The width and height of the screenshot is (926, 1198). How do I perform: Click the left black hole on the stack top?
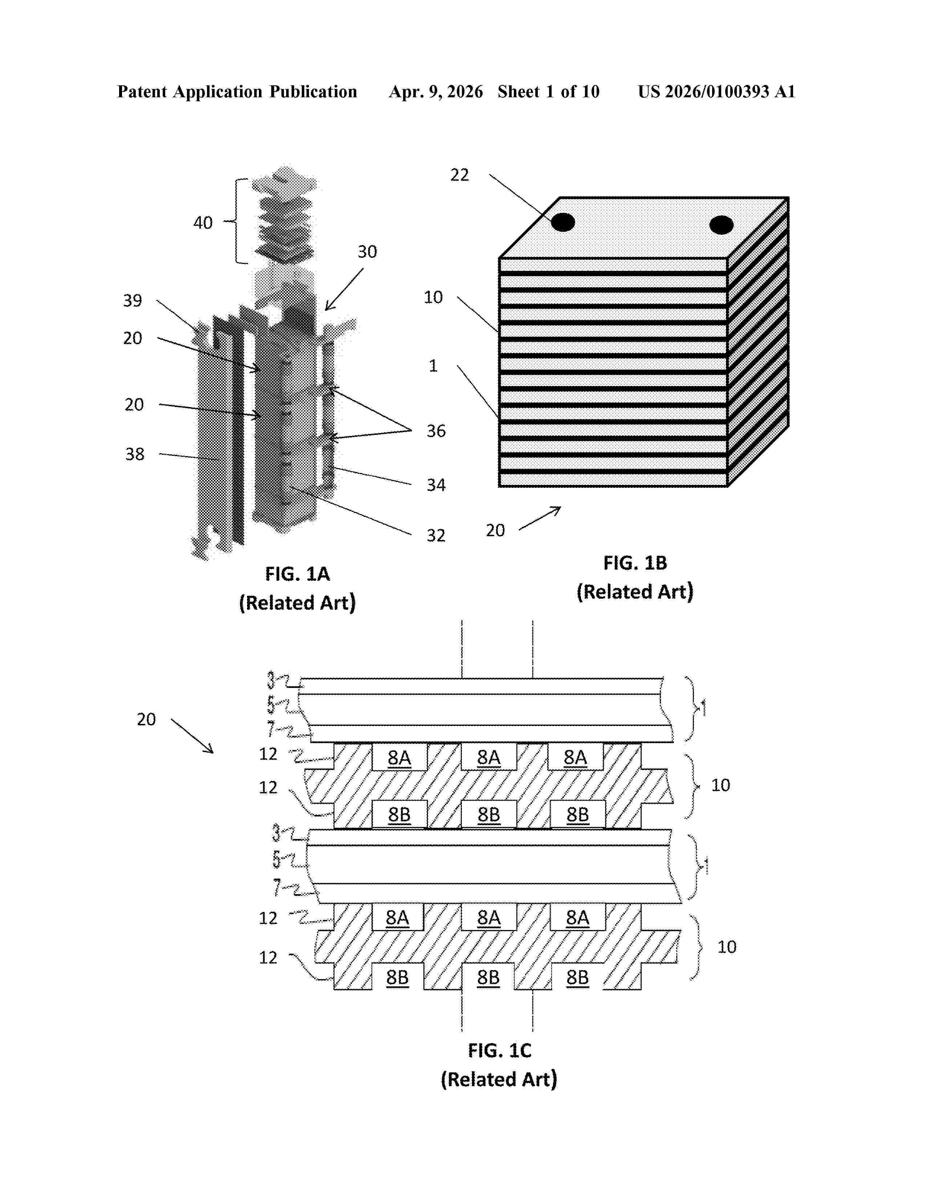click(563, 222)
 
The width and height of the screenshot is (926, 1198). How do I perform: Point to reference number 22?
click(460, 175)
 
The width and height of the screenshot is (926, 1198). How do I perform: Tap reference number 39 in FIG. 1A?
click(132, 301)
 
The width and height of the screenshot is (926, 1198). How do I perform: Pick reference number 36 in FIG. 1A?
click(436, 431)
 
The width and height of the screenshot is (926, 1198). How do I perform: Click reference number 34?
click(436, 485)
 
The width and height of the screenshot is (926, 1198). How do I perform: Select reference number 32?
click(436, 535)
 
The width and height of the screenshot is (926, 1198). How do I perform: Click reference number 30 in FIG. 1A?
click(367, 252)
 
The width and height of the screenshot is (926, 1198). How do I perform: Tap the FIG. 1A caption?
click(297, 574)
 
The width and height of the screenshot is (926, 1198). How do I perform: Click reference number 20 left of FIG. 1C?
click(146, 719)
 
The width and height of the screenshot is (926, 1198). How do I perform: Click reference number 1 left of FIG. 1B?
click(433, 366)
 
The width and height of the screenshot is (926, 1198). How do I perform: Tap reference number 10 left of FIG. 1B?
click(433, 297)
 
